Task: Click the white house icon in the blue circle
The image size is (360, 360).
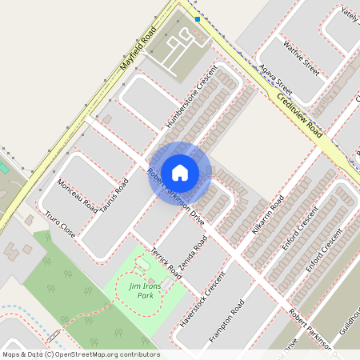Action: click(x=180, y=172)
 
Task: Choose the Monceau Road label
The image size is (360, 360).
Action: click(x=78, y=196)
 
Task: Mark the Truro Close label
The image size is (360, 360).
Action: click(x=60, y=226)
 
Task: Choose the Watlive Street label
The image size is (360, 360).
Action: click(x=302, y=59)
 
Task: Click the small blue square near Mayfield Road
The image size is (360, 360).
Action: click(x=197, y=18)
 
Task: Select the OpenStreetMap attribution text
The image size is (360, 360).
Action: click(x=80, y=354)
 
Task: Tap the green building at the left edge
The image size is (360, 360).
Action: click(x=2, y=169)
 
